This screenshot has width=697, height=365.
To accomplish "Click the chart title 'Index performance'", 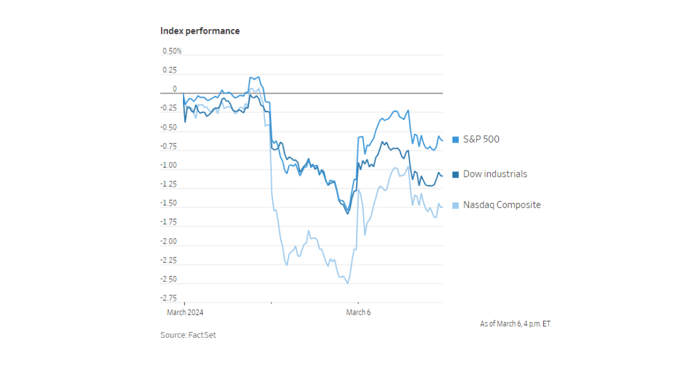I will (200, 31).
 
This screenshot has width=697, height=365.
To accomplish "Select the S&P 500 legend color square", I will (456, 139).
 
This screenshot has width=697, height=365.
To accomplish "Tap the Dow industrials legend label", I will (495, 174).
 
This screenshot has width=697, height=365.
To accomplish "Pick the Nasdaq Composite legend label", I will (501, 205).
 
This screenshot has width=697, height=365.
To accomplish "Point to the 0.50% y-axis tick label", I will (171, 51).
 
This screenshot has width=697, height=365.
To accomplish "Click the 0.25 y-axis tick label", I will (170, 70).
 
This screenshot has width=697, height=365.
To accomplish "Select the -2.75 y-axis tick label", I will (168, 298).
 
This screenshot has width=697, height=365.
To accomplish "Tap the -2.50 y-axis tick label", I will (168, 279).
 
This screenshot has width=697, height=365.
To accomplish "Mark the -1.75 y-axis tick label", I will (168, 222).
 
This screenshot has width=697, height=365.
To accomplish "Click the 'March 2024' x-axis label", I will (185, 312).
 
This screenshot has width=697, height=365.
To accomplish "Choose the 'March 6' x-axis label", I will (358, 312).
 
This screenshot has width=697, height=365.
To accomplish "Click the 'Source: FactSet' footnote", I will (188, 335).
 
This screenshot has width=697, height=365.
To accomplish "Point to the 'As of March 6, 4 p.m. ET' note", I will (515, 324).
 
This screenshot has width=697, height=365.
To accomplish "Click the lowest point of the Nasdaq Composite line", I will (347, 283).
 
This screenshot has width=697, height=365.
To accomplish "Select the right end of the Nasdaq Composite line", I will (443, 207).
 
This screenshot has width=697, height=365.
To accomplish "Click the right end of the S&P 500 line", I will (443, 140).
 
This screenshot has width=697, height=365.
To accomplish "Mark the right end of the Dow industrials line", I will (443, 176).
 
